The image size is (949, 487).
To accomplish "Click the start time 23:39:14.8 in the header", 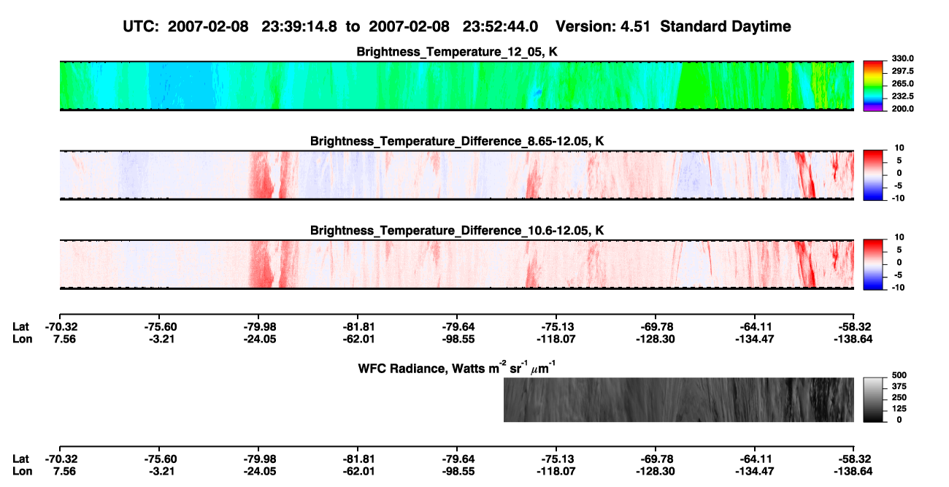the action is (299, 27).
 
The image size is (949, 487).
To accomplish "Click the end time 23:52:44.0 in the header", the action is (500, 27).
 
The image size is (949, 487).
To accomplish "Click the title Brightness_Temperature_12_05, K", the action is (457, 52).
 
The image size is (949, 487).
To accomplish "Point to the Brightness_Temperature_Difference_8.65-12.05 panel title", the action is (457, 141).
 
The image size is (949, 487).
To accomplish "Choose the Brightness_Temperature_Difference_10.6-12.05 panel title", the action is (457, 231).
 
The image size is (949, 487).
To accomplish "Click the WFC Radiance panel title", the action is (457, 368).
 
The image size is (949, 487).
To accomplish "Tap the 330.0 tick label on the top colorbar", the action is (902, 58).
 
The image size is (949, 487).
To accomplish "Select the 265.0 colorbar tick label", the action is (902, 83).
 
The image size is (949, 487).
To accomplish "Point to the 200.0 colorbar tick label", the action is (902, 109).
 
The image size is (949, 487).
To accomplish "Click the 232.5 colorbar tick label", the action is (902, 96).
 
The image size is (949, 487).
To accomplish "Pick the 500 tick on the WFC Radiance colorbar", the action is (899, 375).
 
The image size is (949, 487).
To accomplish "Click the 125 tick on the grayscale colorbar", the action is (899, 409).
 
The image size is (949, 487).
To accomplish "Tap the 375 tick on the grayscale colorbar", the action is (899, 386).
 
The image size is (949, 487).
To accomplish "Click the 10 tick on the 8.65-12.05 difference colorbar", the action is (899, 148).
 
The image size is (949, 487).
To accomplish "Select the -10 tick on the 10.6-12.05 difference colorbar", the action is (897, 288).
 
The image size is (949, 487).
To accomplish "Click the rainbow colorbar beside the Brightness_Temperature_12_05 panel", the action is (873, 86).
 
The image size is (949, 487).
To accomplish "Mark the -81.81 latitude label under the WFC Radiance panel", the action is (358, 459).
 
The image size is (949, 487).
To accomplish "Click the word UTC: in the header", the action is (141, 27).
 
